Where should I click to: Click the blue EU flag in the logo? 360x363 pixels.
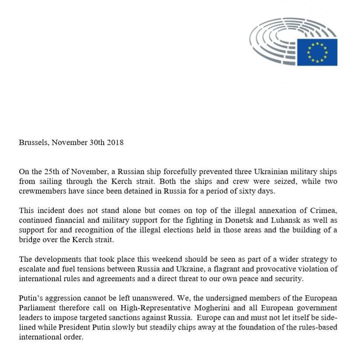[x=317, y=52]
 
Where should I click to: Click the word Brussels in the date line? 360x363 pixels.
[x=33, y=142]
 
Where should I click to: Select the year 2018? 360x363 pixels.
[x=115, y=142]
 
